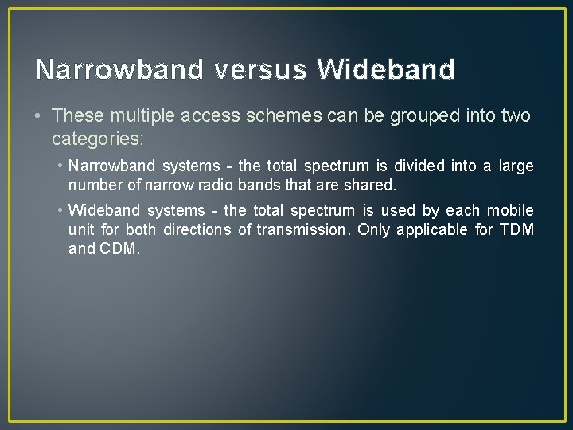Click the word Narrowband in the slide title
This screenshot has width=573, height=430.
pos(119,70)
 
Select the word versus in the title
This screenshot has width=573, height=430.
pos(260,70)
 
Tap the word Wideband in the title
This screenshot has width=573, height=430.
pos(386,70)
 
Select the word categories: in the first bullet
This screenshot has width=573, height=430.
pos(97,139)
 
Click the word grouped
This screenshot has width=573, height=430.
pos(427,116)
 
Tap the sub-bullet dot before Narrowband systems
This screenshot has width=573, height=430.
pos(60,166)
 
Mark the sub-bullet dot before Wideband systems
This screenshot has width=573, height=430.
pos(60,211)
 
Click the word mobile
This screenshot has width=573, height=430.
pos(510,211)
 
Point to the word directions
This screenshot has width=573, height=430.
pos(198,230)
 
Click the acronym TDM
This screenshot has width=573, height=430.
pos(516,230)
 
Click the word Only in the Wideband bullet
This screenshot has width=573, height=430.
pos(373,230)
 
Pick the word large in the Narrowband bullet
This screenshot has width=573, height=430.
pos(516,166)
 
